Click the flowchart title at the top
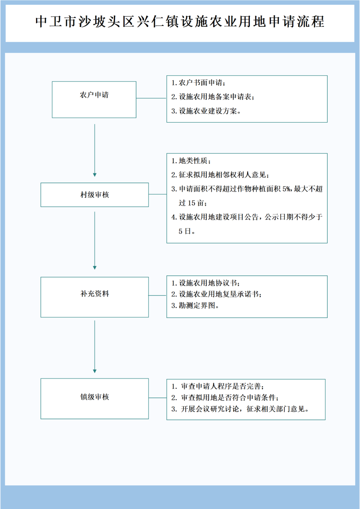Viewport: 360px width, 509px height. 180,22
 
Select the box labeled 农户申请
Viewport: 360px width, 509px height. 94,99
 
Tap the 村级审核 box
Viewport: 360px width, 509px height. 94,195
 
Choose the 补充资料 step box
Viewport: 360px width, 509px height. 94,297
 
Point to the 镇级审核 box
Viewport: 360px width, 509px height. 94,399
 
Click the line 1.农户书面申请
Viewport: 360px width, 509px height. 198,83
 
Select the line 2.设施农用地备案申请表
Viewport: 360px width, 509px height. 213,97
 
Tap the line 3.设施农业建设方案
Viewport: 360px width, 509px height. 206,111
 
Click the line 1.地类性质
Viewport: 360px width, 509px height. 191,161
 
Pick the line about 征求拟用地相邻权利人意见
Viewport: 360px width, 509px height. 220,175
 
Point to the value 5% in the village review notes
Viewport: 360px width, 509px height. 286,189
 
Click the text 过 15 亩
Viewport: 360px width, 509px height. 193,203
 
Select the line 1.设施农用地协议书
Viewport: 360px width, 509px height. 206,283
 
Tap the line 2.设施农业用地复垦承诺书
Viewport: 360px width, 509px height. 216,294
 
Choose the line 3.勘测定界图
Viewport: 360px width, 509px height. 195,306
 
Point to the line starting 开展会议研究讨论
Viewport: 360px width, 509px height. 240,409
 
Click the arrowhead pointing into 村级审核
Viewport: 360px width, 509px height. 95,175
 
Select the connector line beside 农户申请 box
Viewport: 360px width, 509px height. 151,98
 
